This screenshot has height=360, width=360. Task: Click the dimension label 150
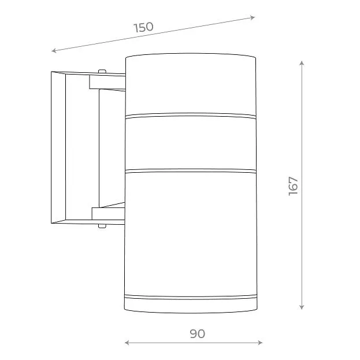point(143,27)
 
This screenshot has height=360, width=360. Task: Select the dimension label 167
point(293,186)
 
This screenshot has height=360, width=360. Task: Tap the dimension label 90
point(198,334)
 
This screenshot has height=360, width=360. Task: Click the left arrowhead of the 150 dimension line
point(54,50)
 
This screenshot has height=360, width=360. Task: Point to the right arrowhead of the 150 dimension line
point(253,18)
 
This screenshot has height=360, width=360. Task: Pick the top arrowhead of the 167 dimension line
point(302,63)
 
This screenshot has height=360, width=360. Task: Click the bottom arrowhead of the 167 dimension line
point(302,307)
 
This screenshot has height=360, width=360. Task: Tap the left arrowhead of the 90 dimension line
point(127,343)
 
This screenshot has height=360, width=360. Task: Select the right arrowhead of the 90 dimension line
point(260,343)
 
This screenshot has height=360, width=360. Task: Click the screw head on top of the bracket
point(102,71)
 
